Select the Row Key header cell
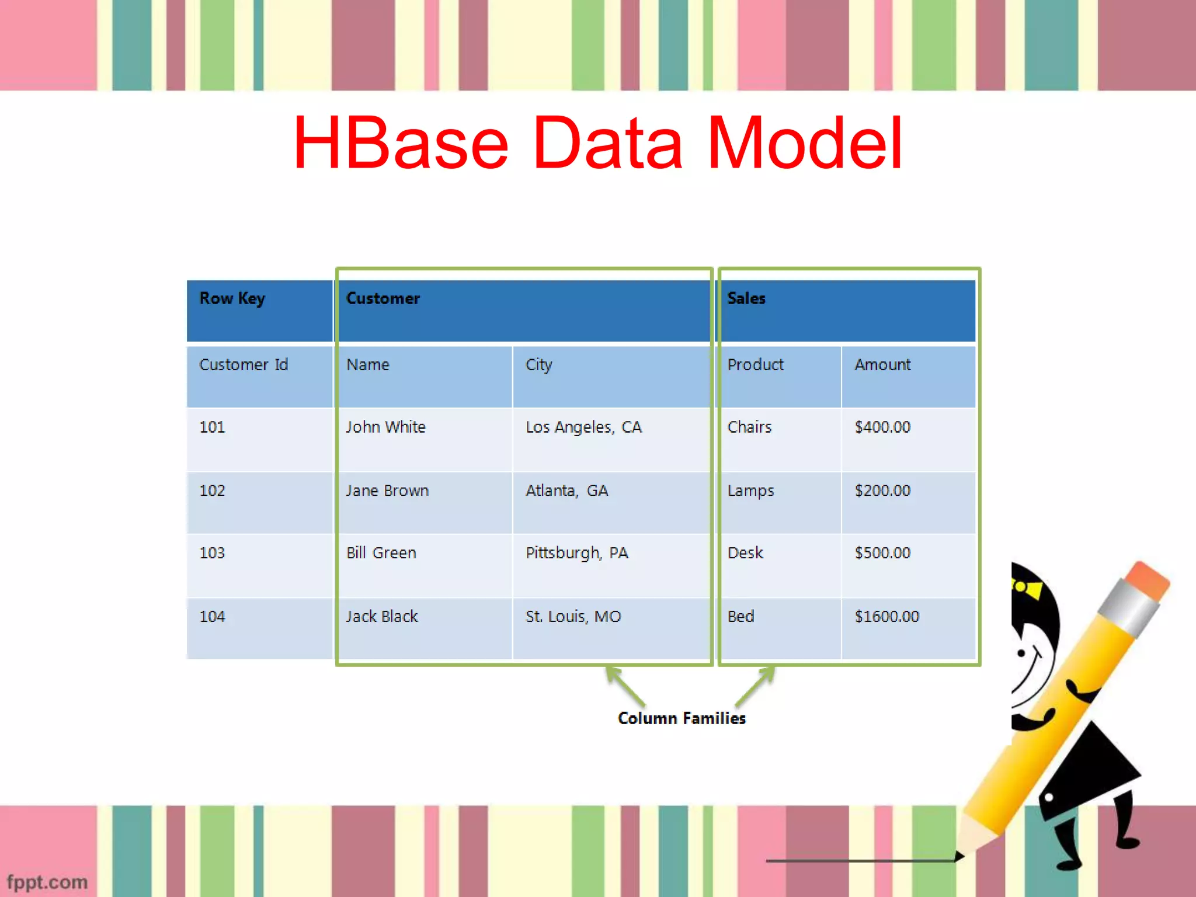pyautogui.click(x=259, y=310)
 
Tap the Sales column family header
pyautogui.click(x=847, y=310)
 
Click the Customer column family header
pyautogui.click(x=524, y=310)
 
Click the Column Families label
pyautogui.click(x=682, y=718)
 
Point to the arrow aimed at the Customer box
pyautogui.click(x=625, y=686)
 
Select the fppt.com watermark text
pyautogui.click(x=47, y=882)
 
